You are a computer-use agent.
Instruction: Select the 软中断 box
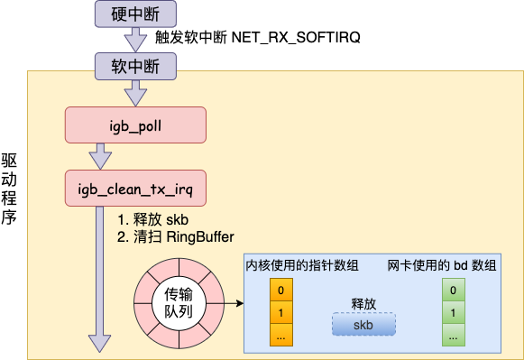pos(134,65)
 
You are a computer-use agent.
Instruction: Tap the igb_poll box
pos(135,125)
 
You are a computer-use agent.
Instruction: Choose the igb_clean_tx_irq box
pos(135,189)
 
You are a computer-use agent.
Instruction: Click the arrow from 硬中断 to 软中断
pos(134,39)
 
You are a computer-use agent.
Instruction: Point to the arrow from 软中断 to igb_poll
pos(134,91)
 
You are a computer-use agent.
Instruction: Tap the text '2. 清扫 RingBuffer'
pos(176,237)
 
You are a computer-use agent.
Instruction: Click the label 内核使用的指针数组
pos(303,265)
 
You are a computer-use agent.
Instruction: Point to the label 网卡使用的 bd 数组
pos(442,265)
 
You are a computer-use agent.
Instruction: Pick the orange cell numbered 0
pos(281,291)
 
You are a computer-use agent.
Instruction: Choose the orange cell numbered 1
pos(281,313)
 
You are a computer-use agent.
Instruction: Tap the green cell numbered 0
pos(453,291)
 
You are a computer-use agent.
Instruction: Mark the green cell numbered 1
pos(453,313)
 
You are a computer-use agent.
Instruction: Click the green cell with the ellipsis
pos(453,336)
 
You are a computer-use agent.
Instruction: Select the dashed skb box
pos(363,325)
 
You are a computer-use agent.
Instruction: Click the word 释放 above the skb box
pos(363,304)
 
